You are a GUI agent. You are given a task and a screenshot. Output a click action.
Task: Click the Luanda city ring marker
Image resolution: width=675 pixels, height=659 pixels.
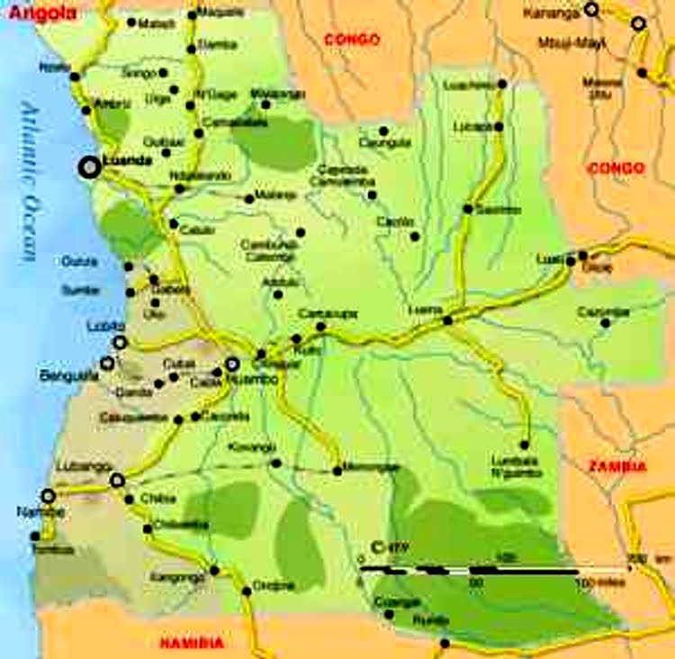click(x=89, y=167)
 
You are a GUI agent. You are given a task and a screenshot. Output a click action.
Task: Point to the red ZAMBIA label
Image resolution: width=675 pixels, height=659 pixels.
click(x=616, y=466)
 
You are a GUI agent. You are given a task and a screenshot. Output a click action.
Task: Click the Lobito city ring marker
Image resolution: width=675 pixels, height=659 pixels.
click(x=120, y=342)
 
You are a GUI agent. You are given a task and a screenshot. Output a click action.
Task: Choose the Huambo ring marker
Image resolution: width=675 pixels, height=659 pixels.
click(x=231, y=365)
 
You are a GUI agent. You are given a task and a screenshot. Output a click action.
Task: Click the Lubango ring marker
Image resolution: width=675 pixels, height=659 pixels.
click(x=116, y=481)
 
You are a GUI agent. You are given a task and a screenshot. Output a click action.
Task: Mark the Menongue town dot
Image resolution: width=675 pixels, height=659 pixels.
click(x=337, y=470)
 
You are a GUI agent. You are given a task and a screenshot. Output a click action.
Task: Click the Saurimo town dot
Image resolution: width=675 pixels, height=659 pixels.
click(x=468, y=209)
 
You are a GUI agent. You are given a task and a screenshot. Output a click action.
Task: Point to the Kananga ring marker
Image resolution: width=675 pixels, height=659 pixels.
click(x=591, y=10)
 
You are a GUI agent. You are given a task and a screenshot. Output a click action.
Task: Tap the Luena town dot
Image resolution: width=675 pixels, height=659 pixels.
click(x=447, y=320)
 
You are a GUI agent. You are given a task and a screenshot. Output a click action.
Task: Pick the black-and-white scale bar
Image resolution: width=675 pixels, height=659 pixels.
click(x=468, y=570)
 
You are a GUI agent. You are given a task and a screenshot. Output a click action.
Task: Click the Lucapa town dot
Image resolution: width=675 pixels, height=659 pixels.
click(x=498, y=127)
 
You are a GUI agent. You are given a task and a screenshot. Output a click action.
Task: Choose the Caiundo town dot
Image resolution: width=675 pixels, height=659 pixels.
click(x=389, y=615)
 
